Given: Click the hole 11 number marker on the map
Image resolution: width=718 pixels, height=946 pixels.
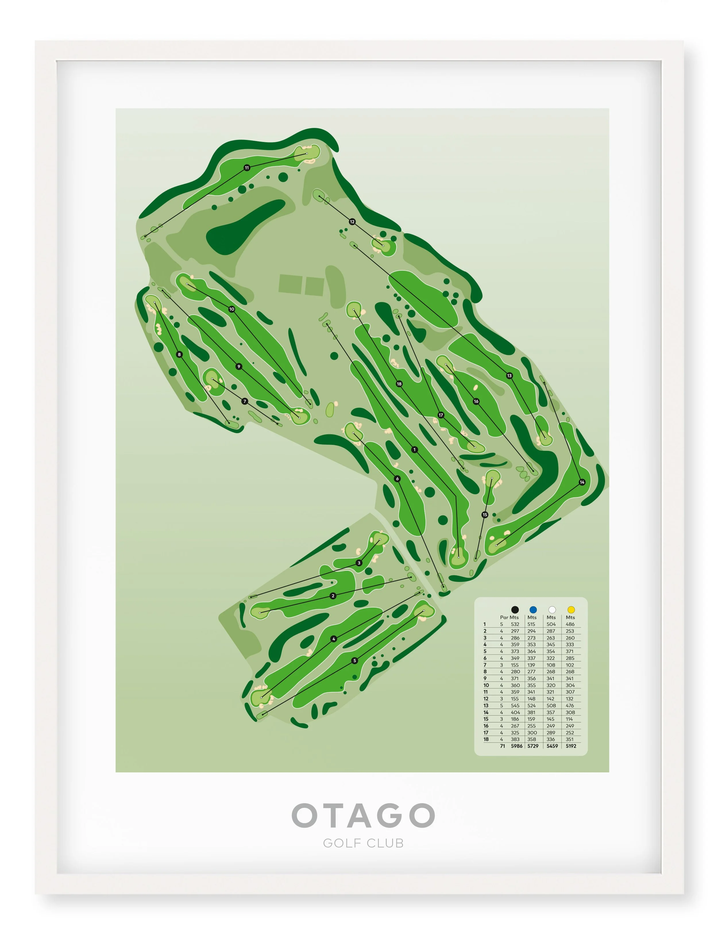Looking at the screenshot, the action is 247,168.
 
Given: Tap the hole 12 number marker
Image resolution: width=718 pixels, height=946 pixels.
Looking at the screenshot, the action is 352,222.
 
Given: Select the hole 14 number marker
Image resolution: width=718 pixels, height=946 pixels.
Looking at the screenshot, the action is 582,482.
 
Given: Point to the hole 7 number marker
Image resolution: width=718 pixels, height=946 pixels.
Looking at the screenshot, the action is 245,401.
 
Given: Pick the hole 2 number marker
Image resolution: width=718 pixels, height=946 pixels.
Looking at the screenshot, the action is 333,596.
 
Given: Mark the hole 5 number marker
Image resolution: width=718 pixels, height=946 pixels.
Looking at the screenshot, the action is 354,660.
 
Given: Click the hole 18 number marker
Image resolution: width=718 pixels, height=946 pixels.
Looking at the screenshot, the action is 399,384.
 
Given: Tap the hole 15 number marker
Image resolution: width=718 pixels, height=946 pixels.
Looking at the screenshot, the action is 485,514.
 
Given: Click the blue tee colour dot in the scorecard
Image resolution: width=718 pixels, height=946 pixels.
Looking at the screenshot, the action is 532,609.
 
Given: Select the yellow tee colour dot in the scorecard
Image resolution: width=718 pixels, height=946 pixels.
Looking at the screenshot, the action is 571,609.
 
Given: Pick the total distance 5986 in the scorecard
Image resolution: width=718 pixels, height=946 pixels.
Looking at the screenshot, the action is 517,746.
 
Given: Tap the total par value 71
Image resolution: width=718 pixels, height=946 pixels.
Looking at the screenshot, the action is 503,746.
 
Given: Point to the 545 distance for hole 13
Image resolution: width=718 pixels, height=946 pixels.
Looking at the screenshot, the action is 515,705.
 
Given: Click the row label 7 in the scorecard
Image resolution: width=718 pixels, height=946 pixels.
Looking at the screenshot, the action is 485,665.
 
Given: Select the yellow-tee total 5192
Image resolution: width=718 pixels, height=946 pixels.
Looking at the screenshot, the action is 571,746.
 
